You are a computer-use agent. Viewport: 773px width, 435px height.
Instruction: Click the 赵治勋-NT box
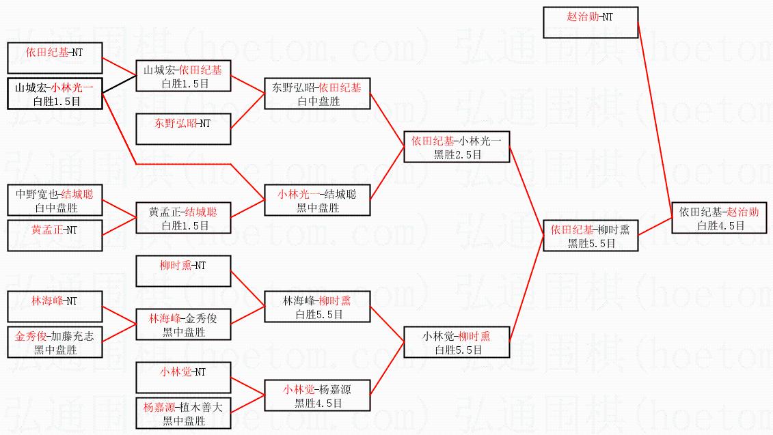pyautogui.click(x=591, y=23)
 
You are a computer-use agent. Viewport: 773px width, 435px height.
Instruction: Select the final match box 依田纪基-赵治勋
pyautogui.click(x=719, y=218)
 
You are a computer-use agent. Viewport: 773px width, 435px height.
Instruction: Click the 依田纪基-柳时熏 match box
pyautogui.click(x=591, y=236)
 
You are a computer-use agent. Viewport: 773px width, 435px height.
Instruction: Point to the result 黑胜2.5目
pyautogui.click(x=457, y=155)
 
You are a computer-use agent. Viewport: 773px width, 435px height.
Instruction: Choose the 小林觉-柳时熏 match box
pyautogui.click(x=457, y=342)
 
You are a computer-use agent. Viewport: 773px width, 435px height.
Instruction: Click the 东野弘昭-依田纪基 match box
pyautogui.click(x=317, y=94)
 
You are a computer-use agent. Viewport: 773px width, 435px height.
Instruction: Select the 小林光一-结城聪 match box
pyautogui.click(x=317, y=200)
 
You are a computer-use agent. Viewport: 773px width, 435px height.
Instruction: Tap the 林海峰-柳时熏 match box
pyautogui.click(x=317, y=307)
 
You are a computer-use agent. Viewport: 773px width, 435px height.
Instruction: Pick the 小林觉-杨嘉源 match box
pyautogui.click(x=317, y=395)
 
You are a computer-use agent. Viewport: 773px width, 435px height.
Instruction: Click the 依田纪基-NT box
pyautogui.click(x=55, y=58)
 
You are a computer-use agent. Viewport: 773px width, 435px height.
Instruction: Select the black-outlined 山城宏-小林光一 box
pyautogui.click(x=55, y=94)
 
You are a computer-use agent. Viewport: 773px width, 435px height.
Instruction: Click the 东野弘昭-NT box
pyautogui.click(x=183, y=129)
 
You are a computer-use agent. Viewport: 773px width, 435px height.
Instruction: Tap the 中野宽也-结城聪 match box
pyautogui.click(x=55, y=200)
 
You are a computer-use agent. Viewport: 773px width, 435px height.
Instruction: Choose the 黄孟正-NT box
pyautogui.click(x=55, y=236)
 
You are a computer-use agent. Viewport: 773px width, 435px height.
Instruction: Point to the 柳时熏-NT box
pyautogui.click(x=183, y=271)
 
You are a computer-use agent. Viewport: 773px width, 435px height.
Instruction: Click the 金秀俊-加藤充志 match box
pyautogui.click(x=55, y=342)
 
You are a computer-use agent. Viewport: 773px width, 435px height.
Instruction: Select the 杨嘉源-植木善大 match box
pyautogui.click(x=183, y=413)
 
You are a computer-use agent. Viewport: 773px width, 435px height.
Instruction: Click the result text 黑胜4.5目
pyautogui.click(x=318, y=403)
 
